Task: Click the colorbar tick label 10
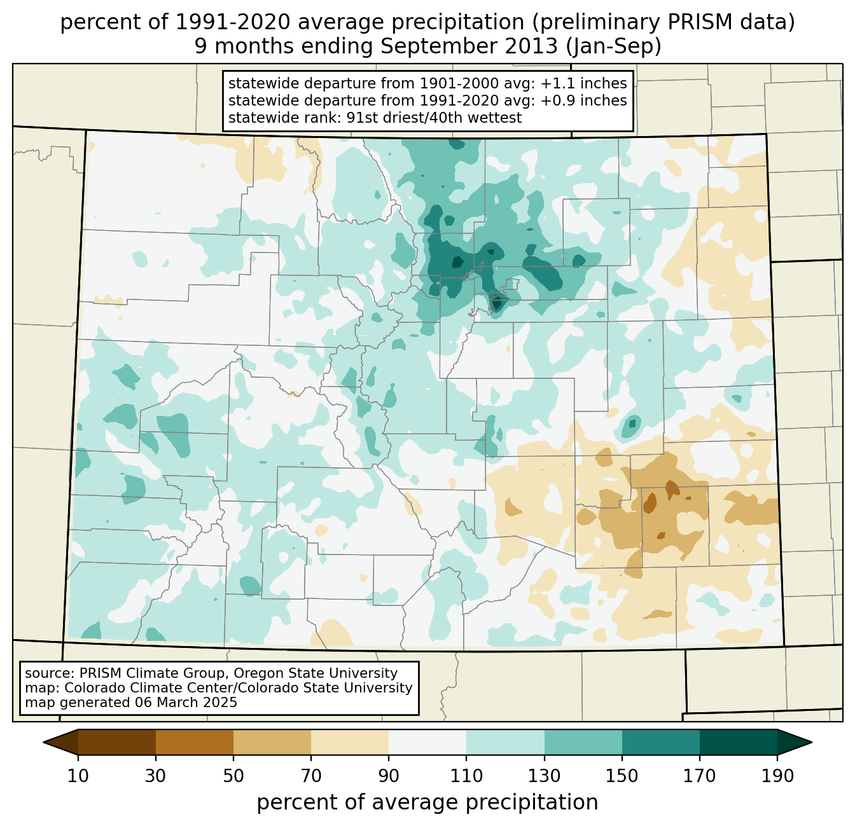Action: coord(78,776)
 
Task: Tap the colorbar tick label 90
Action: coord(389,776)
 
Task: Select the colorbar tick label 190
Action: coord(777,776)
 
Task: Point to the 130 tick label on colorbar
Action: coord(544,776)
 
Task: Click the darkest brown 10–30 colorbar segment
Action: coord(117,742)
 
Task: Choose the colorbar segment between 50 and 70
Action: coord(272,742)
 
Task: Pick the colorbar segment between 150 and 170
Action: coord(660,742)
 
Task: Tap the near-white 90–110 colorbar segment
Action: coord(427,742)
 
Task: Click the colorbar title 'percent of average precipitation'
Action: coord(427,802)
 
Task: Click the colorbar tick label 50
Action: coord(233,776)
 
